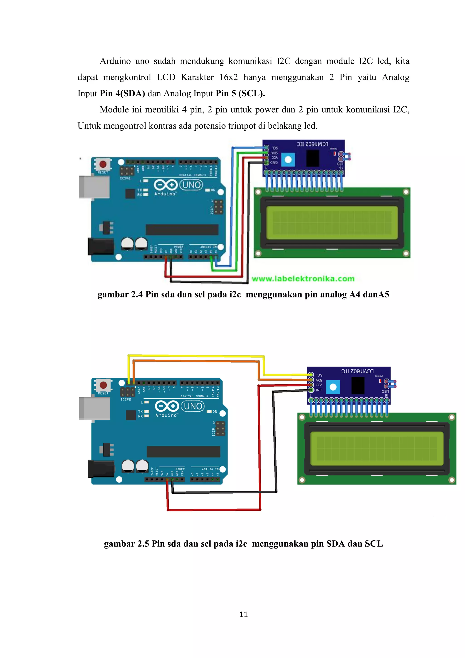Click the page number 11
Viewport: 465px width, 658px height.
[x=243, y=614]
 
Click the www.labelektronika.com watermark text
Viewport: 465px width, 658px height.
[x=303, y=279]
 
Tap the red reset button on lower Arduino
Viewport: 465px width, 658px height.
[x=103, y=385]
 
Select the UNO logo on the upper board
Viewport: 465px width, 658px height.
[x=191, y=185]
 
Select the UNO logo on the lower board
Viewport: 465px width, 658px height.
[x=193, y=406]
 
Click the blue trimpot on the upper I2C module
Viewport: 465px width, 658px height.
[x=288, y=160]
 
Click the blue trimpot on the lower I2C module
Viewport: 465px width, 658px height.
[x=333, y=387]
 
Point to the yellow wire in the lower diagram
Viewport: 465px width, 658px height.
[x=198, y=356]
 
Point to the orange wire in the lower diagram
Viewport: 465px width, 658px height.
[x=198, y=361]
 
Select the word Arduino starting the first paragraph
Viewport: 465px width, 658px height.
[x=115, y=61]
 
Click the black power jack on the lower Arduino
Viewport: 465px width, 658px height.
[x=101, y=469]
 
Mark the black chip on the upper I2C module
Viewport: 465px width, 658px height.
[x=312, y=158]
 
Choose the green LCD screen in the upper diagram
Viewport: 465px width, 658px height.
[x=332, y=223]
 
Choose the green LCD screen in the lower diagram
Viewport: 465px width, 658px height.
[x=376, y=449]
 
